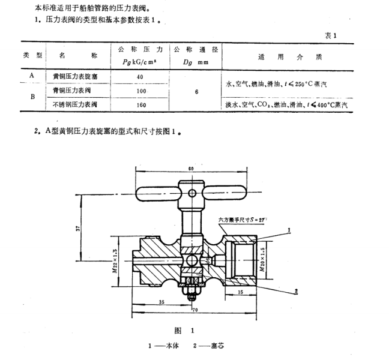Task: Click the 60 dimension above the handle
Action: tap(190, 169)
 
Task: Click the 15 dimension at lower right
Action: tap(240, 292)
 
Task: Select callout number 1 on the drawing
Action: tap(289, 230)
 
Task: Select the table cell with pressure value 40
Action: tap(140, 77)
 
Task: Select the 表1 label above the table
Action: tap(333, 35)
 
